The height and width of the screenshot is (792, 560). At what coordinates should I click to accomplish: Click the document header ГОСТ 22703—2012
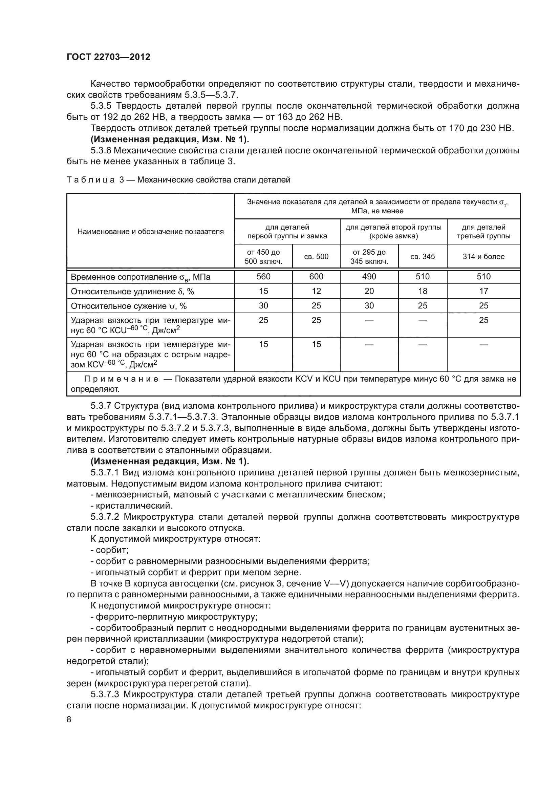coord(108,57)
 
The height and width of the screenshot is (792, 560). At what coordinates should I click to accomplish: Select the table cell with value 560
coord(263,277)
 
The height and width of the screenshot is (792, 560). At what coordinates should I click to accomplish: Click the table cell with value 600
coord(316,277)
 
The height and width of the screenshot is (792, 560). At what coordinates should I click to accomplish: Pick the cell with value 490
coord(369,277)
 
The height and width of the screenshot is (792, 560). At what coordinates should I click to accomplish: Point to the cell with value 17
coord(483,291)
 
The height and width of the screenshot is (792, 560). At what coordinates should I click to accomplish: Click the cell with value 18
coord(423,291)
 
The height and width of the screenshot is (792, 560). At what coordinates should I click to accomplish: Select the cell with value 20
coord(369,291)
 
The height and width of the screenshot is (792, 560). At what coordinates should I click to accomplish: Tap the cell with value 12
coord(316,291)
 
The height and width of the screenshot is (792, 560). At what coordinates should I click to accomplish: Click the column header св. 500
coord(316,257)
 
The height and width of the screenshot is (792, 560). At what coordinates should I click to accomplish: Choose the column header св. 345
coord(423,257)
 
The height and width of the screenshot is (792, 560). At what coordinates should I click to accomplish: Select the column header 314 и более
coord(483,257)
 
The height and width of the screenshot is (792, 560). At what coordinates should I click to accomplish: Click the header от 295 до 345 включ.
coord(369,257)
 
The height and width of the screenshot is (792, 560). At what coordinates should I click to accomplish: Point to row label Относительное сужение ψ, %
coord(129,306)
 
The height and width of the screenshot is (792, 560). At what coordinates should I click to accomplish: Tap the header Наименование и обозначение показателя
coord(150,232)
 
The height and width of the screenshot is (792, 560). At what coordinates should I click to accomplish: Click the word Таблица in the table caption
coord(90,180)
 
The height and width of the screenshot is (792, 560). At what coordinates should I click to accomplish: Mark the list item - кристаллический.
coord(131,506)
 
